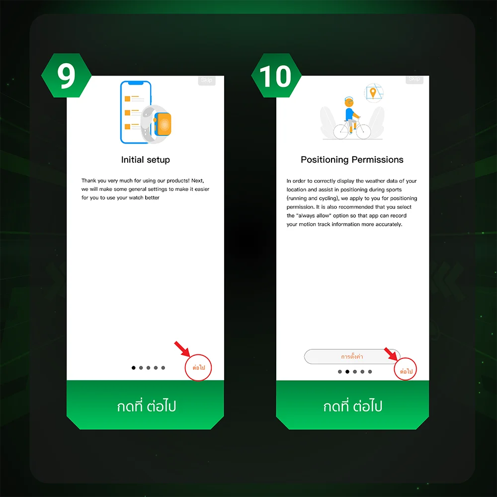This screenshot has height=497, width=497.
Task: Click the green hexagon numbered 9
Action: coord(66,76)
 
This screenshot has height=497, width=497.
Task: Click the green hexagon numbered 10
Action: coord(276,76)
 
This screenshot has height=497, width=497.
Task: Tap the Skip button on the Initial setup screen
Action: coord(207,80)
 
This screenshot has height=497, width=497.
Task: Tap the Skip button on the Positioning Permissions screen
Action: coord(414,79)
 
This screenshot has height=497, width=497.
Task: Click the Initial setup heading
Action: coord(146,160)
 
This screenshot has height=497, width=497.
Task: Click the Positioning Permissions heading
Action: coord(352,160)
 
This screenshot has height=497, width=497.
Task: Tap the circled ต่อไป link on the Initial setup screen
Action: coord(198,367)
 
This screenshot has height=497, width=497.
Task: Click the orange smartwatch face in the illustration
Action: coord(164,124)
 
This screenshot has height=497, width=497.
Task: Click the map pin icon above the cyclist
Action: coord(373,93)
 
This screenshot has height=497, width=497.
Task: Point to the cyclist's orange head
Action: coord(349,102)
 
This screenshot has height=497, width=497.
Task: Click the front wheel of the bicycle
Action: coord(363,131)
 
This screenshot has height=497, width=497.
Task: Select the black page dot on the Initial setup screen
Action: coord(133,368)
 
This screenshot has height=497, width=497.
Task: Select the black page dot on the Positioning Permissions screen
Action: coord(347,371)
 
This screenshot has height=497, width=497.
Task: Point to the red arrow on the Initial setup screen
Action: coord(182,349)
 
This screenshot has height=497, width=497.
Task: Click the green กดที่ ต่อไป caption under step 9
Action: coord(146,406)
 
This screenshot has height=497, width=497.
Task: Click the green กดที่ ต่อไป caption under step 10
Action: coord(352,406)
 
